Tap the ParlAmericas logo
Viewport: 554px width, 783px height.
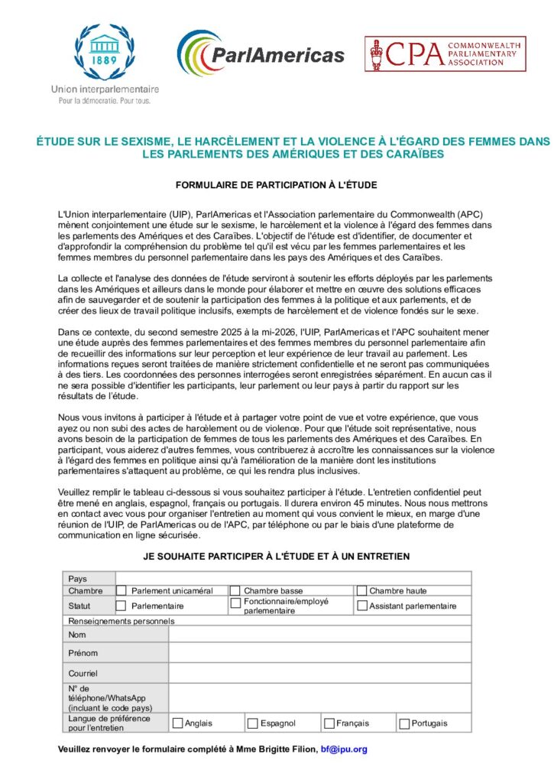(x=261, y=54)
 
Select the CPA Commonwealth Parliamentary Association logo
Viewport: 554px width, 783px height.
(x=445, y=54)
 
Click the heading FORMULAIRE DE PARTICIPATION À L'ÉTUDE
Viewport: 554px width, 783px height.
(x=277, y=185)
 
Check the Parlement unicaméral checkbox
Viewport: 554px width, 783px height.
(x=121, y=590)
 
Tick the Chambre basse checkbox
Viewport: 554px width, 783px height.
(x=235, y=590)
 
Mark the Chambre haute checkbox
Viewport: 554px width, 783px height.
(x=361, y=590)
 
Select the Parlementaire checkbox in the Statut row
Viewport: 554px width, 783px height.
(x=121, y=606)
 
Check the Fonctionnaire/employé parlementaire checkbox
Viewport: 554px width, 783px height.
(x=235, y=603)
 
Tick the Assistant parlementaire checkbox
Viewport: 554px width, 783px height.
(x=361, y=606)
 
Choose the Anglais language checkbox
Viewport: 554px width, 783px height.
(x=177, y=723)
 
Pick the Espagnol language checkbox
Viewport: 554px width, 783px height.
(x=252, y=723)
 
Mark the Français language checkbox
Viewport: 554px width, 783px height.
(x=329, y=723)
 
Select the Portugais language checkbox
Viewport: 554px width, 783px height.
(x=403, y=723)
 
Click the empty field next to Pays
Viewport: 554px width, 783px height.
(x=293, y=579)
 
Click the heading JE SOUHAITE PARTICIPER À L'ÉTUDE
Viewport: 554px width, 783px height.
(x=277, y=556)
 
